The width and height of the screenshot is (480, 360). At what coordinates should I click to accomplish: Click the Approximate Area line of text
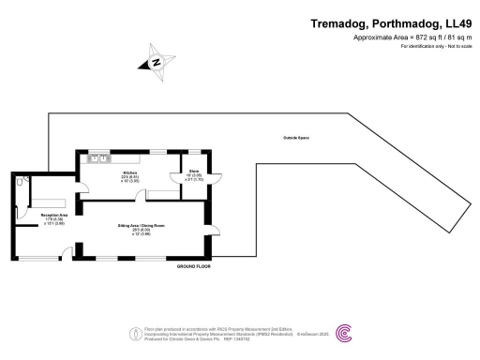tap(410, 37)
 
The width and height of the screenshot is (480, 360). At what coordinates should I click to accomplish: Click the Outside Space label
tap(296, 138)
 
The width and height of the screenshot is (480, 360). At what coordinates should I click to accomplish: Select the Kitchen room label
tap(130, 173)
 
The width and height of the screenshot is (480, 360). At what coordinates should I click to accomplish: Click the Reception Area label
tap(43, 215)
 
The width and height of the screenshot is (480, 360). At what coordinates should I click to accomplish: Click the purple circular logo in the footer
tap(345, 333)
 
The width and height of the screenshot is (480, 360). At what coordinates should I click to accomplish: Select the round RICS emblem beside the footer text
tap(131, 333)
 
